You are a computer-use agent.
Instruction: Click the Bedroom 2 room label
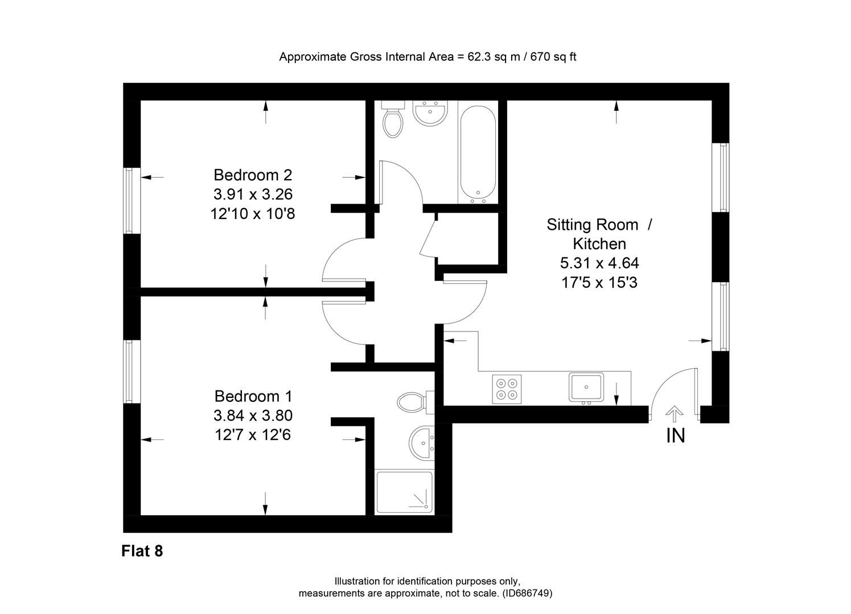pyautogui.click(x=253, y=175)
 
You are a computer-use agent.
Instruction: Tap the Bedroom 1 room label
pyautogui.click(x=253, y=396)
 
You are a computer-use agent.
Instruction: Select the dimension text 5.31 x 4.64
pyautogui.click(x=599, y=263)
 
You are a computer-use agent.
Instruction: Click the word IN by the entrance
pyautogui.click(x=675, y=435)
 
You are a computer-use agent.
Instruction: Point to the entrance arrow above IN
pyautogui.click(x=675, y=413)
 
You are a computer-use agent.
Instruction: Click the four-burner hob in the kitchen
pyautogui.click(x=507, y=389)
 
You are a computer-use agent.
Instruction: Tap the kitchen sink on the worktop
pyautogui.click(x=586, y=388)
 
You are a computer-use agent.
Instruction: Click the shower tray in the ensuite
pyautogui.click(x=404, y=492)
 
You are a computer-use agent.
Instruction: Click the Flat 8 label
pyautogui.click(x=142, y=551)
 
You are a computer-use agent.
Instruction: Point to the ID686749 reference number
pyautogui.click(x=527, y=593)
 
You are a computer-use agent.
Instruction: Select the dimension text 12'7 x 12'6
pyautogui.click(x=253, y=435)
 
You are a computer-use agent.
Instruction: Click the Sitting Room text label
pyautogui.click(x=592, y=225)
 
